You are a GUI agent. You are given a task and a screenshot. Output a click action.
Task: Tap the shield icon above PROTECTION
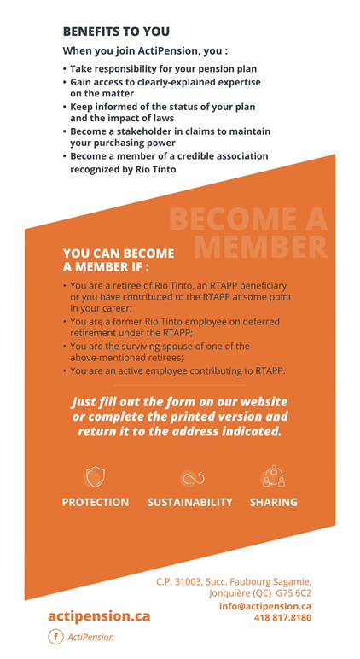click(x=95, y=476)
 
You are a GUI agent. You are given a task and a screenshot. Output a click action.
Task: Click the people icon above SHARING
click(x=273, y=476)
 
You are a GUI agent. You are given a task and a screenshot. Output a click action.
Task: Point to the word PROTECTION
click(x=96, y=502)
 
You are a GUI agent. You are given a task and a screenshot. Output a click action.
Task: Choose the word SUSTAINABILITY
click(x=190, y=502)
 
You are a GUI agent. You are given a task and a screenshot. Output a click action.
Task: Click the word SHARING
click(x=273, y=502)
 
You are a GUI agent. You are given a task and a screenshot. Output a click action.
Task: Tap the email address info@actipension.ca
click(x=264, y=606)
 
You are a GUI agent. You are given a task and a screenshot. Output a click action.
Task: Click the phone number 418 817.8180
click(x=282, y=617)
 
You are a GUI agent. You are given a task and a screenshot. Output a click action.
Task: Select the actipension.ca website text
click(x=99, y=615)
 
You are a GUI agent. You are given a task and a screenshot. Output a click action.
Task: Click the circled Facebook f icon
click(x=55, y=637)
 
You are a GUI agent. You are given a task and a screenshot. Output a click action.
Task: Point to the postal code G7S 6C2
click(x=293, y=593)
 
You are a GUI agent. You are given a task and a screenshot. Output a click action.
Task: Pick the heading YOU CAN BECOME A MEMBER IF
click(x=119, y=260)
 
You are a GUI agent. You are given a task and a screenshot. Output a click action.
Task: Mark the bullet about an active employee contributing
click(x=177, y=371)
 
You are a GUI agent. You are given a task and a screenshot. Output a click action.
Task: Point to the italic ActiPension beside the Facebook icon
click(x=90, y=637)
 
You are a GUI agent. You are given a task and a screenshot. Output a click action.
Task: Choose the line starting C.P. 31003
click(x=233, y=581)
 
